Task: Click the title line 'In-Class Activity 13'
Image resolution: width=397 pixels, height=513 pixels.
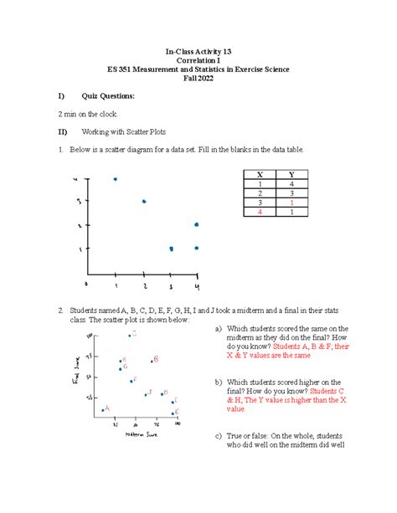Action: pos(198,52)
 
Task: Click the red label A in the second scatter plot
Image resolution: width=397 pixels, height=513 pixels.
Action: pos(108,408)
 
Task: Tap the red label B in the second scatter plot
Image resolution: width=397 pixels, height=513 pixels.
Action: pos(156,359)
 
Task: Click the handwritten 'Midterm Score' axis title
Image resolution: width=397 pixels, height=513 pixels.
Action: pos(140,433)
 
